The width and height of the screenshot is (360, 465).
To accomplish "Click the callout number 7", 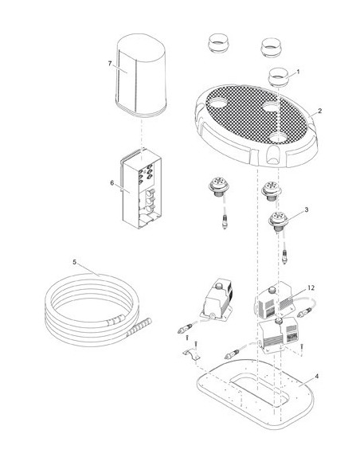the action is (110, 64).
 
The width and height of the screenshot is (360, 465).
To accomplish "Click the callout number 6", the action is (112, 183).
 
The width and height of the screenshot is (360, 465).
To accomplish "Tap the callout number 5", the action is (74, 262).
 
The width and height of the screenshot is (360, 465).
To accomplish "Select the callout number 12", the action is (311, 287).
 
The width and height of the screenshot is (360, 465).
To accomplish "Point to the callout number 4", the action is (317, 377).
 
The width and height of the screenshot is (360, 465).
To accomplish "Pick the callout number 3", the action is (307, 209).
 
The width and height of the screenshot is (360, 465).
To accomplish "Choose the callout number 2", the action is (319, 111).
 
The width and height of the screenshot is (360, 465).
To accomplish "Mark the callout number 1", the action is (298, 72).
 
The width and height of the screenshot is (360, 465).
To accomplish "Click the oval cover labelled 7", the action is (141, 74).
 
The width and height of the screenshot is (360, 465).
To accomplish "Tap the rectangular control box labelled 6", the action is (141, 189).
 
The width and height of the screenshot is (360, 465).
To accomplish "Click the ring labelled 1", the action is (279, 77).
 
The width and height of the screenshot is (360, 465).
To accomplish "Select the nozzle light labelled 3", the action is (278, 221).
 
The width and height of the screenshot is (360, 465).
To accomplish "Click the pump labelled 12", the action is (273, 300).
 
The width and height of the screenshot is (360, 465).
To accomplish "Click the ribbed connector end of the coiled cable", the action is (139, 328).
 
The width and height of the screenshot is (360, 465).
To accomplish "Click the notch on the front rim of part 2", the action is (272, 155).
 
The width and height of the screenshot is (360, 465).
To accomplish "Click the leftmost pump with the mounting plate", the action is (215, 299).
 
